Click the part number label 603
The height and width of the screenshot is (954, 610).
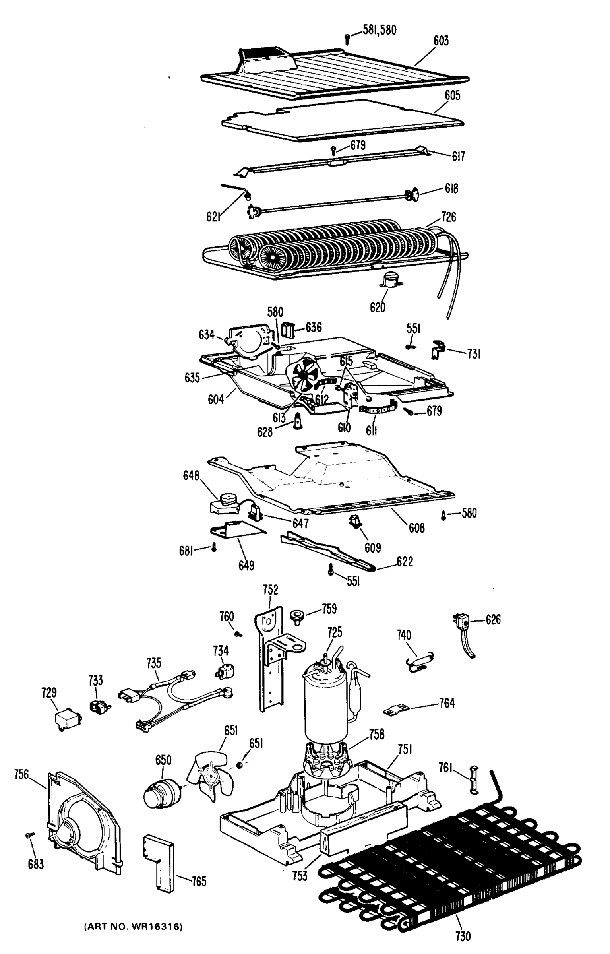point(441,41)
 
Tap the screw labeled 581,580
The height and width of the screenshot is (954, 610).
point(347,39)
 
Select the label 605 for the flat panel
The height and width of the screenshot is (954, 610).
point(452,95)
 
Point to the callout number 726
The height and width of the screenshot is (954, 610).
point(448,217)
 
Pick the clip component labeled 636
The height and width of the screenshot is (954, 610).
point(288,329)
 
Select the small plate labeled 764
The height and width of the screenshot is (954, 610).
point(396,709)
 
